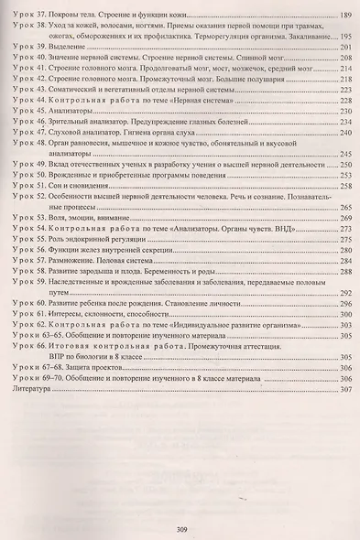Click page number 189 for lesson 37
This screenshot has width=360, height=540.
[344, 16]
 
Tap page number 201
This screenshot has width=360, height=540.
[344, 46]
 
